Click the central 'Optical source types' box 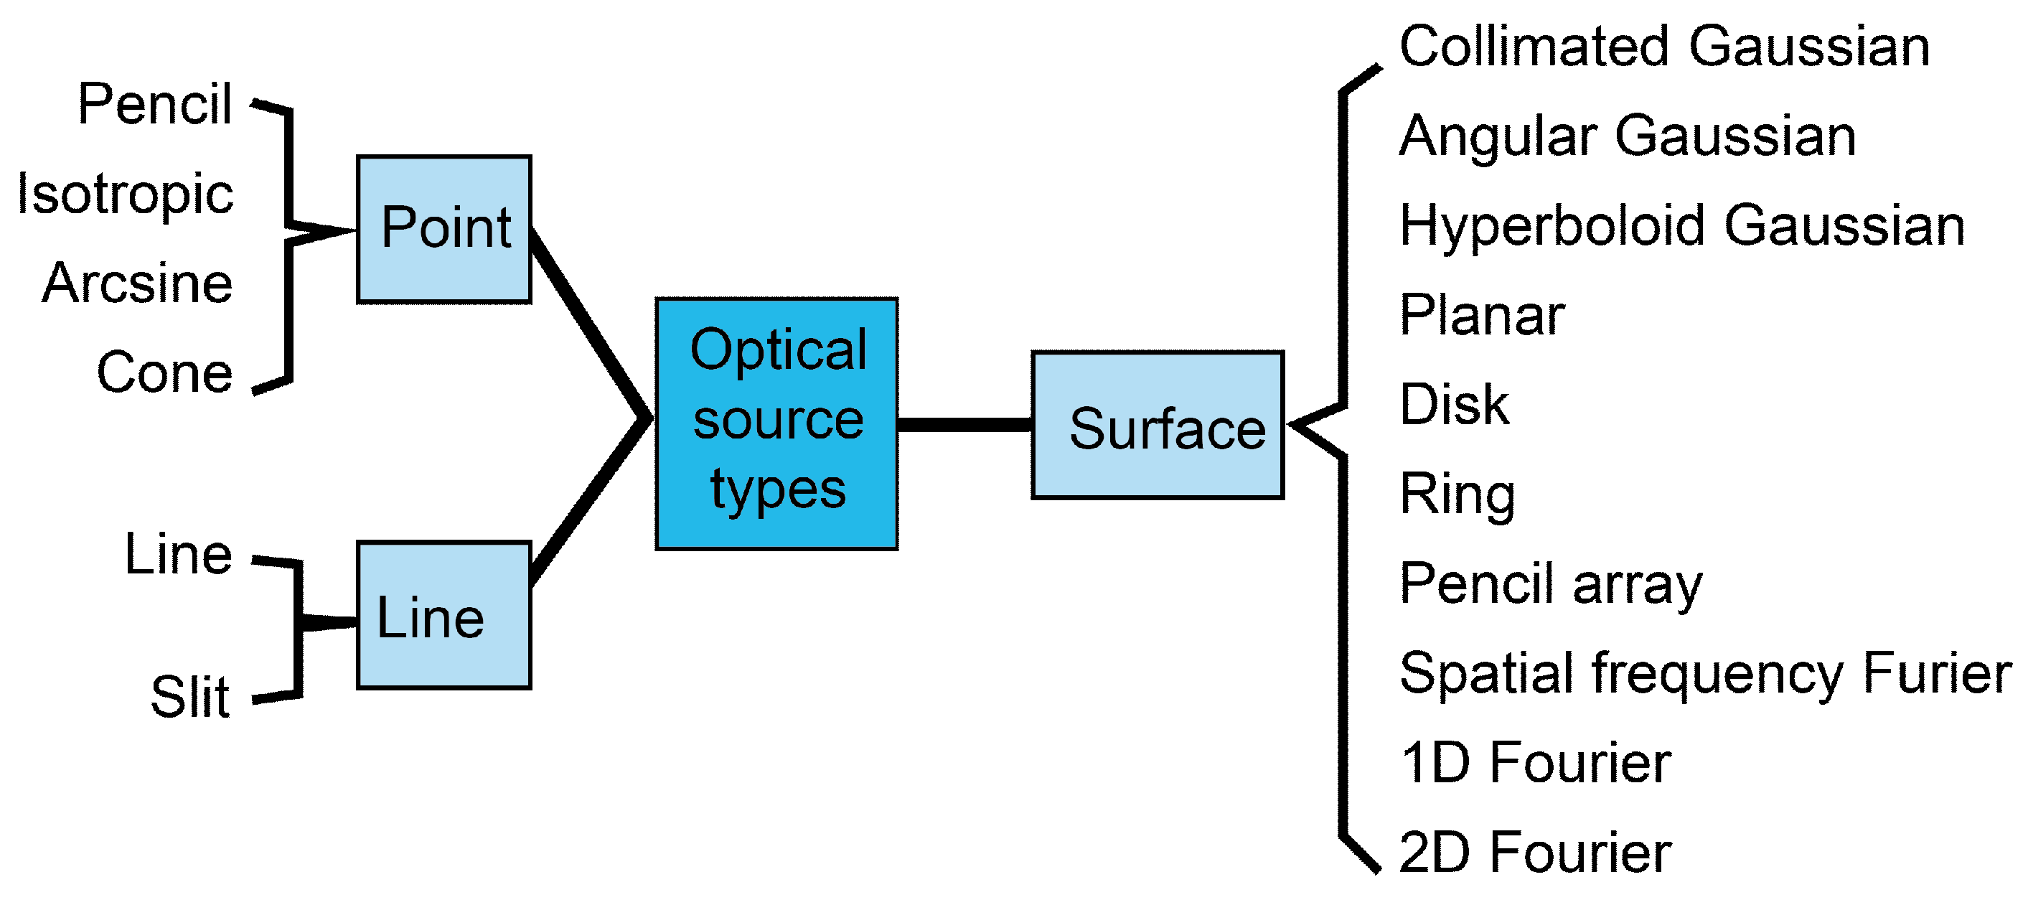[x=776, y=423]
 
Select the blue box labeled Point [x=444, y=229]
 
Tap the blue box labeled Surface [x=1158, y=426]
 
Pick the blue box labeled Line [x=444, y=615]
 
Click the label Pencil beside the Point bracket [x=154, y=104]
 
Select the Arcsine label [x=138, y=283]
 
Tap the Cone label [x=164, y=372]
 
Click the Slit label [x=189, y=697]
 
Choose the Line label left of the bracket [x=179, y=555]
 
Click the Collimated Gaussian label [x=1664, y=47]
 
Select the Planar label [x=1482, y=315]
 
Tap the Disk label [x=1454, y=405]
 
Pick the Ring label [x=1457, y=495]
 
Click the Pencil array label [x=1551, y=585]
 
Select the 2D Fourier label [x=1535, y=853]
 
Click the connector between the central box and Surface [x=964, y=426]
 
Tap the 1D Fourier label [x=1535, y=763]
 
